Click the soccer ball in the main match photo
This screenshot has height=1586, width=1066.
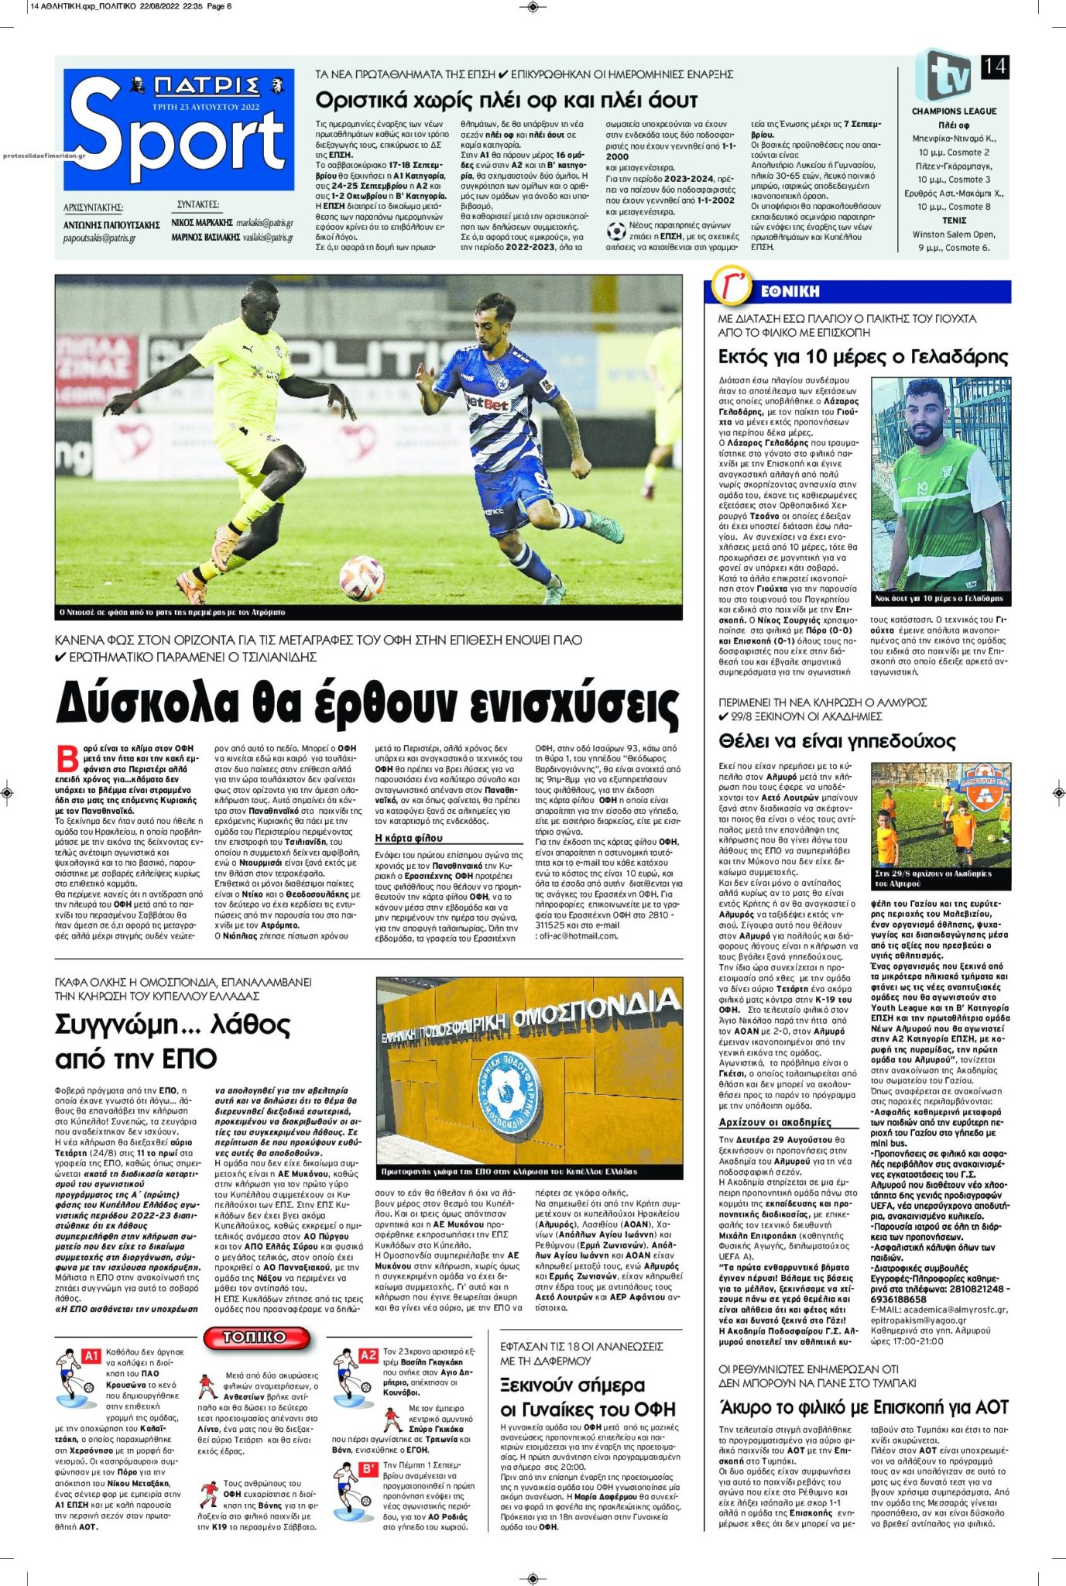(x=362, y=573)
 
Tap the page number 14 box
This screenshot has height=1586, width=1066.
(x=994, y=67)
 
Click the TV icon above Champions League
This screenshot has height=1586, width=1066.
(x=945, y=76)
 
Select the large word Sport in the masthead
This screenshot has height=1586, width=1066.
(x=178, y=143)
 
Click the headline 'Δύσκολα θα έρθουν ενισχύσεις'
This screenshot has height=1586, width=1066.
(x=368, y=703)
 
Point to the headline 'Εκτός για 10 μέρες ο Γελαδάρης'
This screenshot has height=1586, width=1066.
(x=863, y=357)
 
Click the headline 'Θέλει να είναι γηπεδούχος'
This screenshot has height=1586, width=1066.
(x=837, y=741)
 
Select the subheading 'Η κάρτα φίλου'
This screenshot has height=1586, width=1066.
(x=409, y=838)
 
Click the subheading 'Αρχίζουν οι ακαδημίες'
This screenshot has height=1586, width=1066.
(x=775, y=1122)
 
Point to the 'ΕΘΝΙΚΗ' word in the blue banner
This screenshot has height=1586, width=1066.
(x=790, y=291)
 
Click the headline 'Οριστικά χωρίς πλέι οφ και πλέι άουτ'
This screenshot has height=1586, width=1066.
(x=506, y=101)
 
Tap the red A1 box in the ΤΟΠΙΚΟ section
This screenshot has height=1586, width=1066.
(x=91, y=1356)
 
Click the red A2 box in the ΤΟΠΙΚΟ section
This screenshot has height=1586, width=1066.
(x=368, y=1356)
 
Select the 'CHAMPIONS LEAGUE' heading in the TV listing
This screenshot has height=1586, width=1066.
(x=954, y=112)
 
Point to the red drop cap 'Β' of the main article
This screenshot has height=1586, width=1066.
(x=67, y=757)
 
